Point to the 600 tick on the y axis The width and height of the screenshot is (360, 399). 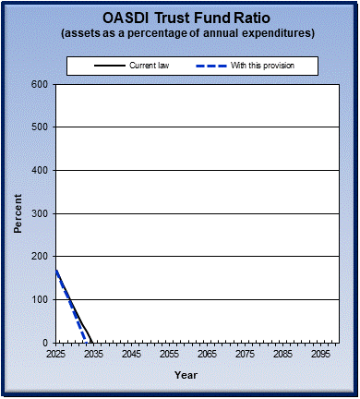(40, 84)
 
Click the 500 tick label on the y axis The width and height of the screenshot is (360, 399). (40, 127)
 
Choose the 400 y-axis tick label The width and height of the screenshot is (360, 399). (40, 170)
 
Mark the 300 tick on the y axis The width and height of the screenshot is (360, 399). (40, 213)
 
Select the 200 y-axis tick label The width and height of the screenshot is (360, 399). (40, 257)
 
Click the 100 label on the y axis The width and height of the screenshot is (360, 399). (40, 299)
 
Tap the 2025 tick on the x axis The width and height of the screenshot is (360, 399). (56, 354)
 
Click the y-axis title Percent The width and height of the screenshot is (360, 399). (18, 213)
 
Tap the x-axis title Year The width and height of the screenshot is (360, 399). (186, 375)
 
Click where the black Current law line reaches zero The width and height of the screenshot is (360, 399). (93, 342)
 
